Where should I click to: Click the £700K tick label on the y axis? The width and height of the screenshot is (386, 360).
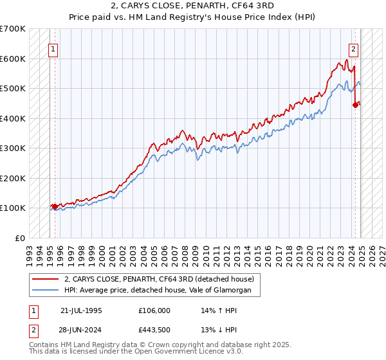click(13, 29)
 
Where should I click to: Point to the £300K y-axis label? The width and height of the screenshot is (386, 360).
click(13, 148)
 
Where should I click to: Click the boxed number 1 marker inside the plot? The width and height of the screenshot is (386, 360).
click(52, 48)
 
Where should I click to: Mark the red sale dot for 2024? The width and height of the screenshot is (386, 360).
click(354, 105)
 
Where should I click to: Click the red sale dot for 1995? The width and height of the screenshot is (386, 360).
click(55, 206)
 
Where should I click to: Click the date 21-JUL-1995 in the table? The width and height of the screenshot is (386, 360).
click(81, 310)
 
